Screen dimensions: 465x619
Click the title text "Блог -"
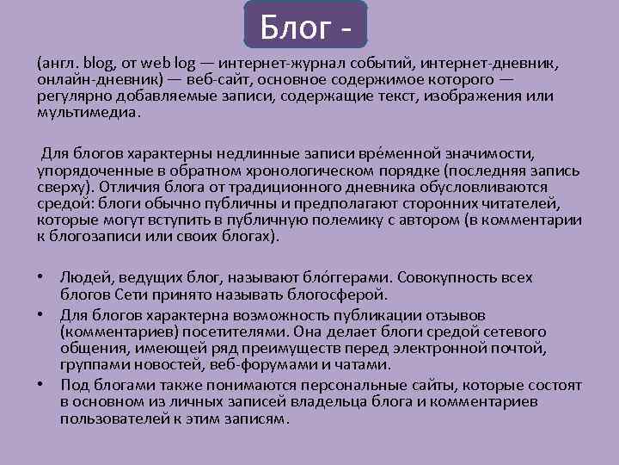coord(305,26)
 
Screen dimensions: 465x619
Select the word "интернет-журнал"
coord(275,64)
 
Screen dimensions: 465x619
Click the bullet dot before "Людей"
coord(41,278)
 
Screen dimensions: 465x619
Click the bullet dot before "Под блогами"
coord(41,382)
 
